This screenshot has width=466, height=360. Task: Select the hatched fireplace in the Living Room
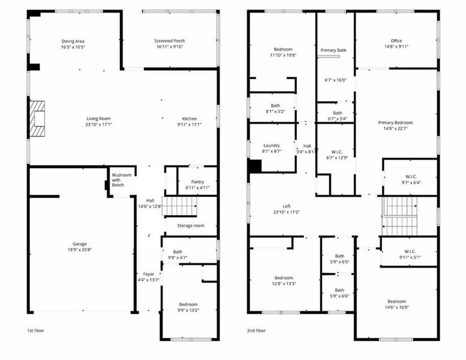coord(38,117)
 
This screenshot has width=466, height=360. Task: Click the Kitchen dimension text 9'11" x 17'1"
coord(189,125)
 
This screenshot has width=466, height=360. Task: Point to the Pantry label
coord(198,182)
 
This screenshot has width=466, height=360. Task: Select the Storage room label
coord(190,226)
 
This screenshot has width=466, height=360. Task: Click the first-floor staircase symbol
coord(180,206)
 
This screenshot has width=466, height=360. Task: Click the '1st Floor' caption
coord(35,331)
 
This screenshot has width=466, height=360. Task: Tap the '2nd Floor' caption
coord(256,331)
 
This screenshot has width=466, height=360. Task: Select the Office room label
coord(396,41)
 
